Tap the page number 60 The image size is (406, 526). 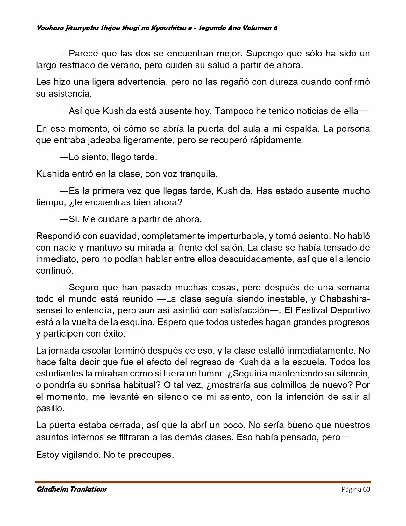click(367, 489)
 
